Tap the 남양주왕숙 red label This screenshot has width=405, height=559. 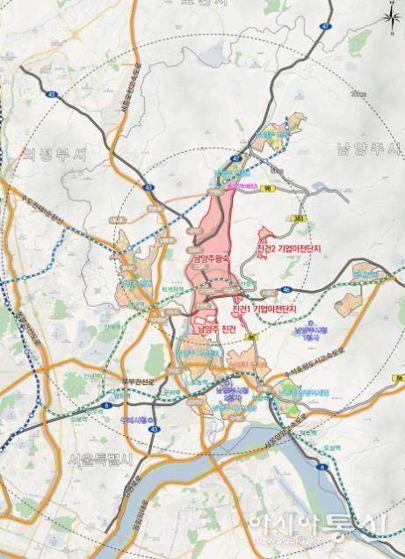(209, 259)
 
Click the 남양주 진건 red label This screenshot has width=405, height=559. (216, 328)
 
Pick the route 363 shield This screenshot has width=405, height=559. (300, 216)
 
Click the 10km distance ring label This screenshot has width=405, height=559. (356, 93)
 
